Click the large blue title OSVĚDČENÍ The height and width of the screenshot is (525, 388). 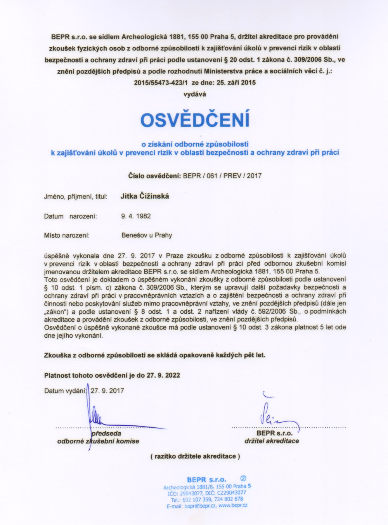(x=195, y=120)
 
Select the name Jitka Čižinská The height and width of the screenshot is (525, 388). (x=145, y=196)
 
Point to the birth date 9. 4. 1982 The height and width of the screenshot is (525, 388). (x=136, y=216)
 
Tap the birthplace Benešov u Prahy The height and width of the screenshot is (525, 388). (x=147, y=235)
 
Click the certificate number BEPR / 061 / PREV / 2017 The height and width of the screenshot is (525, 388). (x=222, y=176)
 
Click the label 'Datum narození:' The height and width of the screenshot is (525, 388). (x=71, y=216)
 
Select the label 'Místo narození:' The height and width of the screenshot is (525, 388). (x=67, y=235)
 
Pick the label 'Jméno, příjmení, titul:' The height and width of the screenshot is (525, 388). (x=76, y=197)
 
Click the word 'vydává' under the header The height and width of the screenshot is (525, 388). (x=194, y=94)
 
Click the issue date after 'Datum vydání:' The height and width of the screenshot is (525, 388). (x=107, y=391)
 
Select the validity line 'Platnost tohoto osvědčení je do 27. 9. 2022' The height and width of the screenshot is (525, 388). (x=112, y=375)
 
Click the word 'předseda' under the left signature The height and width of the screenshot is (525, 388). (x=106, y=433)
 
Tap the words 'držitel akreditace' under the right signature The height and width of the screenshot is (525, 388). (x=272, y=441)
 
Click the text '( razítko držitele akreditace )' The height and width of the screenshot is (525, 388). (x=195, y=456)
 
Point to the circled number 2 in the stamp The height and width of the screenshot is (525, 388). (x=243, y=478)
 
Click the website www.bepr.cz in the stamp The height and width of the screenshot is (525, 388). (x=233, y=505)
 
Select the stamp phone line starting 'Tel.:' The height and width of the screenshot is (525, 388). (x=207, y=499)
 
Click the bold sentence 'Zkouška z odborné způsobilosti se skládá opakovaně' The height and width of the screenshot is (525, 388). (x=155, y=355)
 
